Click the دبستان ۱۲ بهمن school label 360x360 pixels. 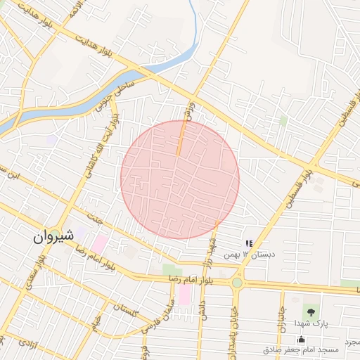pos(250,252)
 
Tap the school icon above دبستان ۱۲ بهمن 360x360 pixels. pos(250,243)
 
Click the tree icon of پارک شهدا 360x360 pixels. pos(309,311)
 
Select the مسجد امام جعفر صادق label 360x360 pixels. pos(301,349)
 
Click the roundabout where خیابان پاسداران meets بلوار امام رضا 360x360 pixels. pos(237,283)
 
